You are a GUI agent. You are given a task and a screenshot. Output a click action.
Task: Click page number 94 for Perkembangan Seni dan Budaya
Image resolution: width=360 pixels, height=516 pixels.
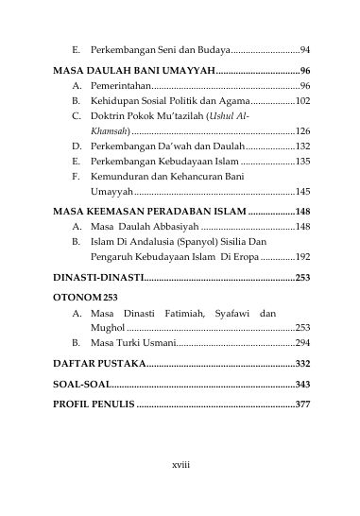305,48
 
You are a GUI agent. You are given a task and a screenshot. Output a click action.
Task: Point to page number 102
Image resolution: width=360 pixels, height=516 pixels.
302,101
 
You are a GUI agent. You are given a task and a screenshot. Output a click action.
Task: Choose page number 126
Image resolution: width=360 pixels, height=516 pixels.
302,131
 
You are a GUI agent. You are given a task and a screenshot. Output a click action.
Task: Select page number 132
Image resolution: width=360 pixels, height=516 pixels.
302,146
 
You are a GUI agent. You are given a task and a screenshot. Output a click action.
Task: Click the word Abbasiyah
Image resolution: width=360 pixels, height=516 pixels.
171,227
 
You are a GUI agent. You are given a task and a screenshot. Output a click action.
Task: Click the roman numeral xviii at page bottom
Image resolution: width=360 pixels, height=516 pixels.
180,465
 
